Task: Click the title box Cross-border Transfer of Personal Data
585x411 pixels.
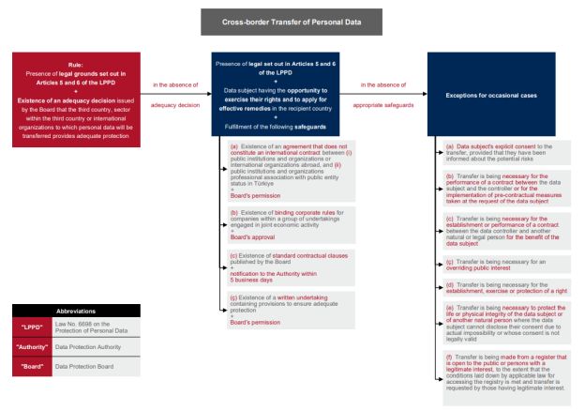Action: (292, 22)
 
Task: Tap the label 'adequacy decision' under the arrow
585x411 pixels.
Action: (175, 105)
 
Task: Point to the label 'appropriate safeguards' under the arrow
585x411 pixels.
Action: (384, 105)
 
